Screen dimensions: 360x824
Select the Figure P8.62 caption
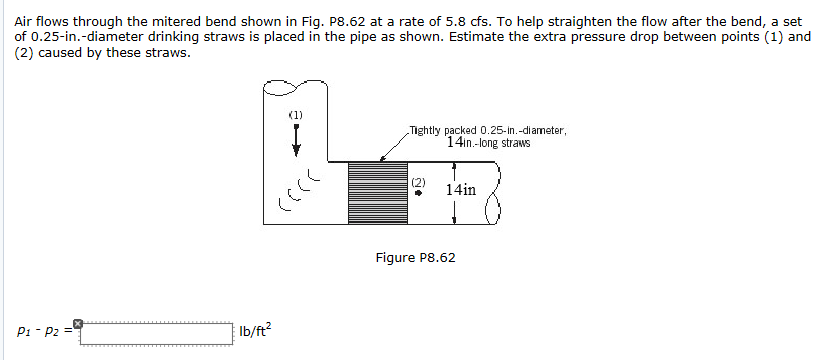coord(415,258)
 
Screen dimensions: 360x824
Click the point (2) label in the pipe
coord(419,183)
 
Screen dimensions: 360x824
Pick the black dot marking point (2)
coord(419,195)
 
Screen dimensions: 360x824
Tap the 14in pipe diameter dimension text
coord(461,188)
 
